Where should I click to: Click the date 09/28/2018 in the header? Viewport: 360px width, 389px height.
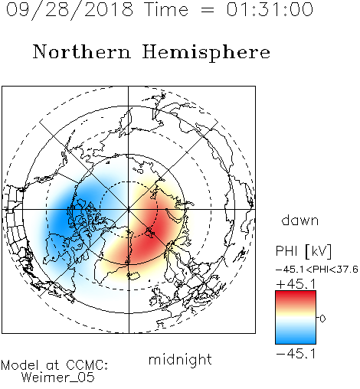point(70,10)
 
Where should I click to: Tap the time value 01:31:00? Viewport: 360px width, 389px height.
point(270,9)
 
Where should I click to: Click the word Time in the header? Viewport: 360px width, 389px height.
point(166,9)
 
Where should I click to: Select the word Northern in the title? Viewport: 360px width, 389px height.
point(82,52)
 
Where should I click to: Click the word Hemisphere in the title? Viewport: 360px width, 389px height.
point(206,53)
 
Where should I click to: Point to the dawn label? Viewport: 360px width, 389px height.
point(300,220)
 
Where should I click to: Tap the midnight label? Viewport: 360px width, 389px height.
point(180,359)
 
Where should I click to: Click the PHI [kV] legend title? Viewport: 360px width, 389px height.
point(303,251)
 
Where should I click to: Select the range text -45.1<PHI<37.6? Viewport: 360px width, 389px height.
point(317,270)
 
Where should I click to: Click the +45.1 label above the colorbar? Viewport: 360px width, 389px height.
point(296,284)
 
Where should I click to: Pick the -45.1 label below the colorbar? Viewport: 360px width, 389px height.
point(296,354)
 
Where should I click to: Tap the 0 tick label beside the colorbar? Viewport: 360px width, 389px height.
point(322,319)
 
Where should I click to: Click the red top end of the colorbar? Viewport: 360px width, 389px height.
point(296,293)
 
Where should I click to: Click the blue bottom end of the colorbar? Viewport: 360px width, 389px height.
point(296,341)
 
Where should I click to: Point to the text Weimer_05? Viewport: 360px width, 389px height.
point(58,378)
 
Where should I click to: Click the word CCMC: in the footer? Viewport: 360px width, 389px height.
point(87,365)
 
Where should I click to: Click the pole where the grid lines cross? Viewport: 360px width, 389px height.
point(129,209)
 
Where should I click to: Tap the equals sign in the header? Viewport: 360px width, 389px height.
point(208,10)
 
